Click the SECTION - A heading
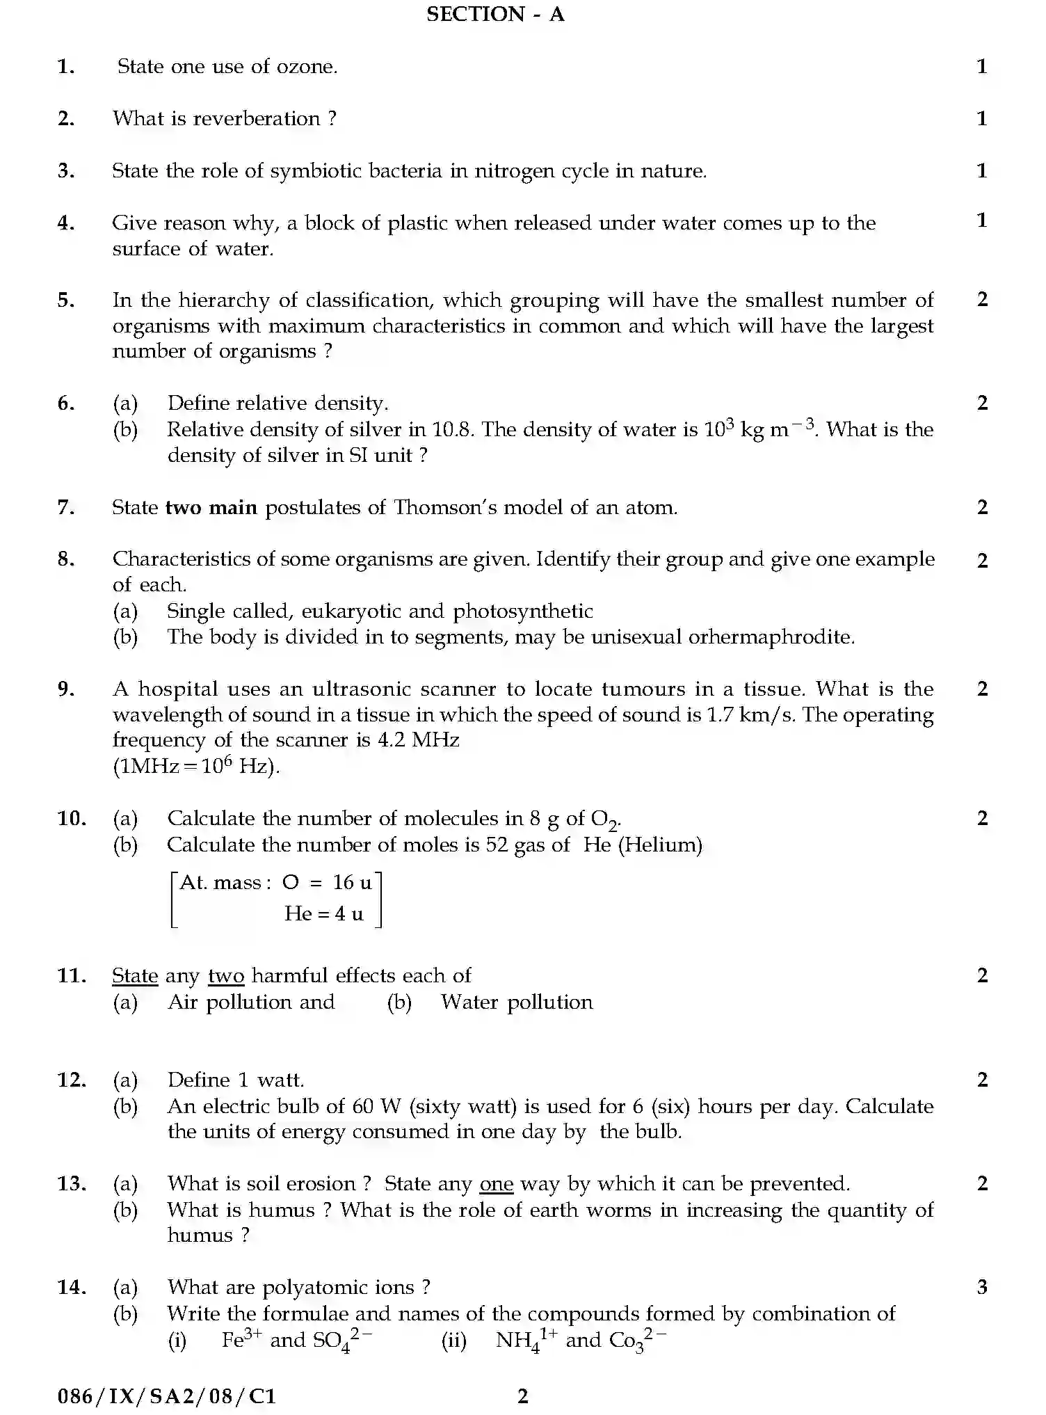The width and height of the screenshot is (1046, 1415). point(495,14)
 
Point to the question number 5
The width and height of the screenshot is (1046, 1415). point(66,301)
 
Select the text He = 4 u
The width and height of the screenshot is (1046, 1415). point(323,914)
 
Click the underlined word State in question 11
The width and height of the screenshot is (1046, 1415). point(135,976)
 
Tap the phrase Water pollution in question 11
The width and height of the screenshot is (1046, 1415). point(517,1002)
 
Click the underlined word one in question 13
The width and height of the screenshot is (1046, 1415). point(496,1184)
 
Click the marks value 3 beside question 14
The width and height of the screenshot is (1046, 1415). point(982,1288)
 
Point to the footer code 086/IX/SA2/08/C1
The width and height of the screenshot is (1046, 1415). point(167,1396)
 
